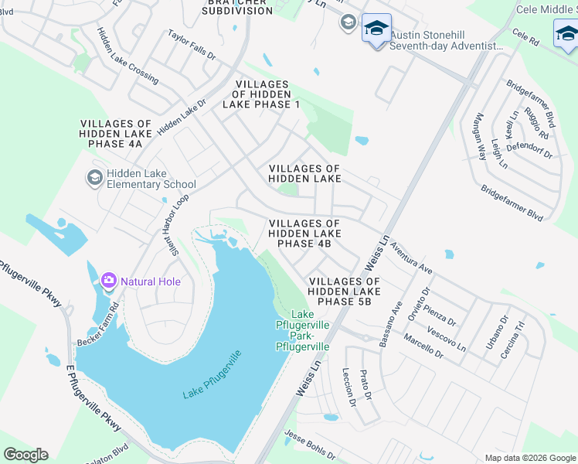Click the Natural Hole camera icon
109,280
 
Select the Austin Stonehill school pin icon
376,30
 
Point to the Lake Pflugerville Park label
303,331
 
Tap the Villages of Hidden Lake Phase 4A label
117,134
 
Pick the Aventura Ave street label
411,258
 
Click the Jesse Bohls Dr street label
310,445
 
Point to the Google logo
25,455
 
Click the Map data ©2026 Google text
530,458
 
